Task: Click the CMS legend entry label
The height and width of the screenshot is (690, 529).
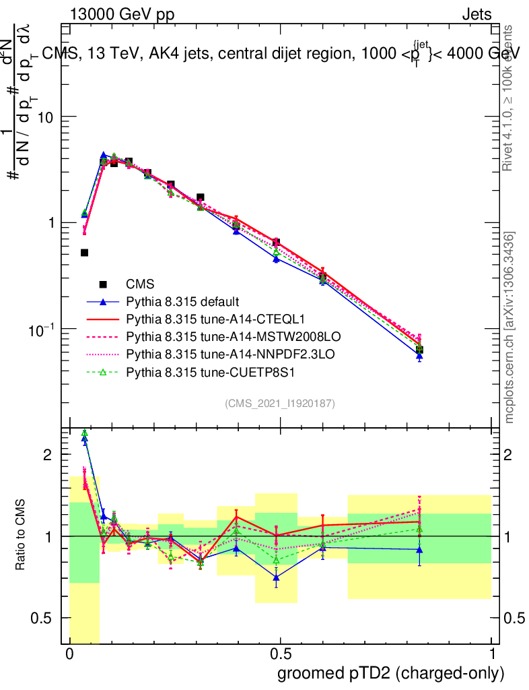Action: [x=140, y=284]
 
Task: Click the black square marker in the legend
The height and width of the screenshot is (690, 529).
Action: [x=103, y=284]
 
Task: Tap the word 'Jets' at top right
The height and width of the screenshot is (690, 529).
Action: [x=477, y=14]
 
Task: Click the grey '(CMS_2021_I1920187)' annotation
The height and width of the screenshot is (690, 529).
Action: [x=280, y=403]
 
